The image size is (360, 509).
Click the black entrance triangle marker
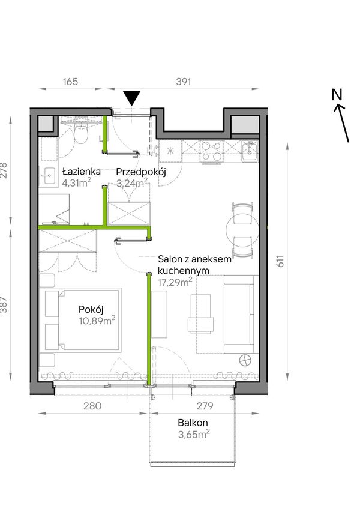[x=131, y=98]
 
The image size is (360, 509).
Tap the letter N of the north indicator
[x=337, y=94]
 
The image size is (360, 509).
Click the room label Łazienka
[x=82, y=172]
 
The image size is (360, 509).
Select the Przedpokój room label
[x=141, y=172]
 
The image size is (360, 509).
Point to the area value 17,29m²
[x=175, y=282]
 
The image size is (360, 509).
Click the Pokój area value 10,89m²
[x=97, y=321]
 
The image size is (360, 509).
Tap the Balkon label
[x=193, y=423]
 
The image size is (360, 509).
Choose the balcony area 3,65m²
[x=194, y=434]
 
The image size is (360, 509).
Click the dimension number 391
[x=184, y=82]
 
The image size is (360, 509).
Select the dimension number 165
[x=70, y=81]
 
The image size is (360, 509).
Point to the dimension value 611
[x=280, y=261]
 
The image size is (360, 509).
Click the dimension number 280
[x=92, y=406]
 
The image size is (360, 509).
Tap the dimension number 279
[x=205, y=406]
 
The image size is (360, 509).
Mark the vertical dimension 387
[x=4, y=305]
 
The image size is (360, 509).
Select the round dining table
[x=242, y=230]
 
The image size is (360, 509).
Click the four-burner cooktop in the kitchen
[x=211, y=151]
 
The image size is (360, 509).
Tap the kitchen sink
[x=250, y=151]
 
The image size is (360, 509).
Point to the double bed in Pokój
[x=83, y=320]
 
